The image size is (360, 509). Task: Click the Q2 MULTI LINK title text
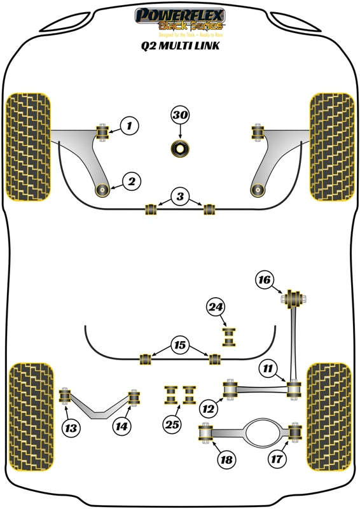tap(180, 46)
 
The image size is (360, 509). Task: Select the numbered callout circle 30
tap(180, 116)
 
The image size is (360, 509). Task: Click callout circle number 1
tap(128, 126)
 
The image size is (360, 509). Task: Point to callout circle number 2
tap(131, 183)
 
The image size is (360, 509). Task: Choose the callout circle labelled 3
tap(180, 197)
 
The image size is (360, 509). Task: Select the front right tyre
tap(331, 146)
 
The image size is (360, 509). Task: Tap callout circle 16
tap(265, 279)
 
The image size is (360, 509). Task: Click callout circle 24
tap(216, 308)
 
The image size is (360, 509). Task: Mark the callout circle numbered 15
tap(180, 345)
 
